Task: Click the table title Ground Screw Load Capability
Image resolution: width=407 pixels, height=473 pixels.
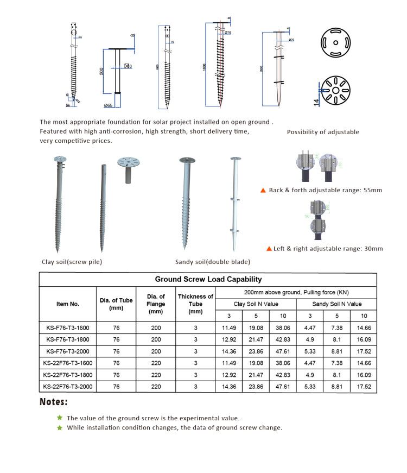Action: (x=208, y=279)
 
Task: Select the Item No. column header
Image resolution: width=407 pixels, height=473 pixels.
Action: (x=68, y=304)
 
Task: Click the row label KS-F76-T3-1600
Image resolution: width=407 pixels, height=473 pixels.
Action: (x=68, y=327)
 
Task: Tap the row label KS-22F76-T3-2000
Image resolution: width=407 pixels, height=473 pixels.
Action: (x=68, y=387)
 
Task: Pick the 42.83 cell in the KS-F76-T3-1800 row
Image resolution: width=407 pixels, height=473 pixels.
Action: (x=283, y=339)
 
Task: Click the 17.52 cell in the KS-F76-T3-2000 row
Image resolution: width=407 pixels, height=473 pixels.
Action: (x=364, y=351)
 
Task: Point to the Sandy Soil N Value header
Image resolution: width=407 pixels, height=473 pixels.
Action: (x=336, y=304)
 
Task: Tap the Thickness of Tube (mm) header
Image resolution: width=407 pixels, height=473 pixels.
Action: (x=195, y=304)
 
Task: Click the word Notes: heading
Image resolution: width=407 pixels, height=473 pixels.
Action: (x=54, y=402)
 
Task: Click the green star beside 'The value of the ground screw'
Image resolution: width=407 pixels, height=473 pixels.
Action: (x=60, y=418)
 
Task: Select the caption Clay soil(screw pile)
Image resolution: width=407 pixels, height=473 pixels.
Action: (x=72, y=262)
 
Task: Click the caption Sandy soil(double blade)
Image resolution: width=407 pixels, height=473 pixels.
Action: (x=213, y=262)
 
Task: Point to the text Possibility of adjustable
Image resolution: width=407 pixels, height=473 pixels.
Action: (x=323, y=132)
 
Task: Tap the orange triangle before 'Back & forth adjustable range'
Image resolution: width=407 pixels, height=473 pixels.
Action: (x=263, y=191)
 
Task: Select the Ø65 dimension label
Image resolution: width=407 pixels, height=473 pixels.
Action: (x=108, y=105)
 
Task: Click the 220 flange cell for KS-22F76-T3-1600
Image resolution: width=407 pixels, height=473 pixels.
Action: (x=156, y=363)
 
